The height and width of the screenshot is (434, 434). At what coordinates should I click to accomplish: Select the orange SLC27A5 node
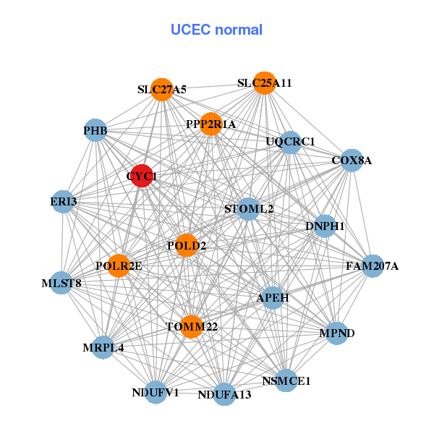(162, 89)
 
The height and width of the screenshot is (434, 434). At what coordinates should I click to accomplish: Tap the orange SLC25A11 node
(265, 82)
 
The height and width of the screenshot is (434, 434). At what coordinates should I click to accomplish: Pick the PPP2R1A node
(210, 124)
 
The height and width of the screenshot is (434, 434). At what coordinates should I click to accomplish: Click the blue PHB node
(95, 131)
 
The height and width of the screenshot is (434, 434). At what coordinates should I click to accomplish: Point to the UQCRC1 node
(290, 142)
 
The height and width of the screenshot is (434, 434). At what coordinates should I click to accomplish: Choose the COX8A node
(351, 160)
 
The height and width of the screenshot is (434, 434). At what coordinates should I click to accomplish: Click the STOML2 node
(248, 209)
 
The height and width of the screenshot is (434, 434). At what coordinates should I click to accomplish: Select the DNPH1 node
(325, 226)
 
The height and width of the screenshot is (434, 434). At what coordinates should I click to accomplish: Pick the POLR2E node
(119, 266)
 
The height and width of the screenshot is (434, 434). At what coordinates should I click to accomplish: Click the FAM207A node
(373, 266)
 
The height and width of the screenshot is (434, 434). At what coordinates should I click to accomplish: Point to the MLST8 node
(61, 283)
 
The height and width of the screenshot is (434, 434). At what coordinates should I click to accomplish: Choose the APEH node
(273, 297)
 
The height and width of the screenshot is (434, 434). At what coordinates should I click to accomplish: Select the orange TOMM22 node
(192, 327)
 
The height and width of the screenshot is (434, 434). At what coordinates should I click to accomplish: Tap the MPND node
(337, 333)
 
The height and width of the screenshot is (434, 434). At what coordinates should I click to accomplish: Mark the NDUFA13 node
(224, 394)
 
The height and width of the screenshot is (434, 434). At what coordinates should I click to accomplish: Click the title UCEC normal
(216, 30)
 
